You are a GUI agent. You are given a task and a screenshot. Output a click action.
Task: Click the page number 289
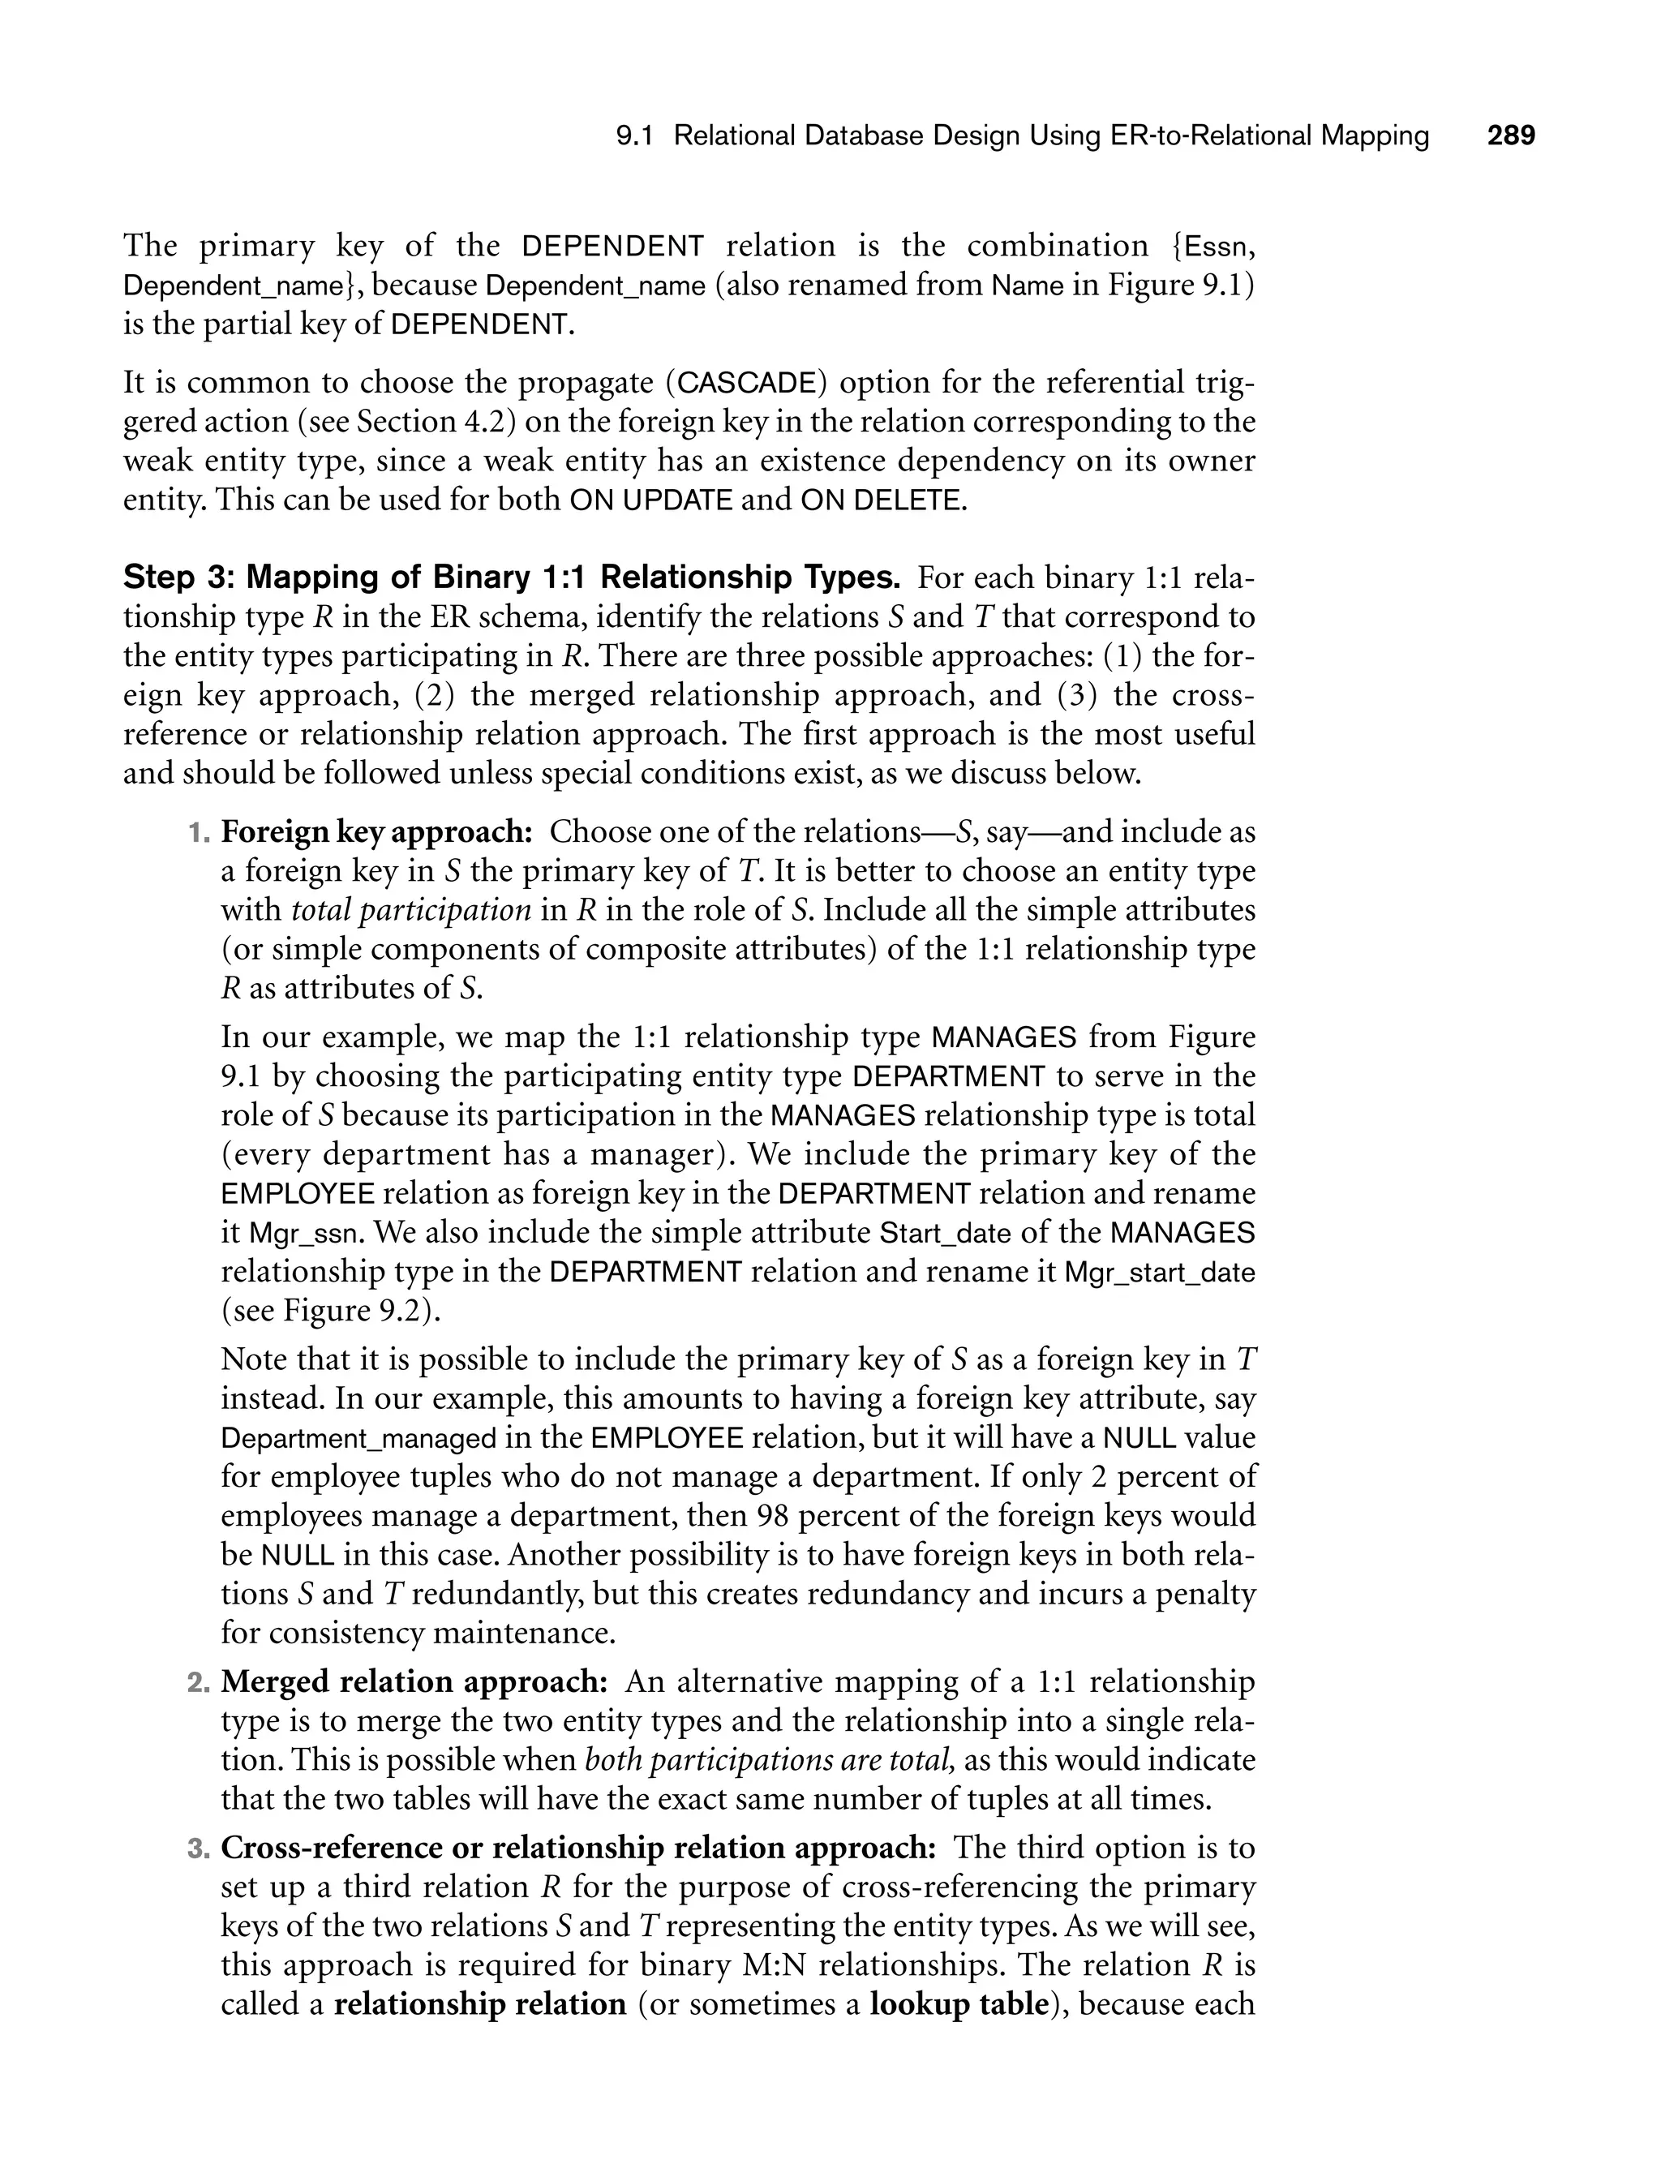coord(1511,135)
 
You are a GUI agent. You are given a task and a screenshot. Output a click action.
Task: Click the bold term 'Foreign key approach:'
coord(376,831)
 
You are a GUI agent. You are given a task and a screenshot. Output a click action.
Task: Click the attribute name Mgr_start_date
coord(1159,1273)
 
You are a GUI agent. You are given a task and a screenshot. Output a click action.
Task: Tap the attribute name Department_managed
coord(358,1438)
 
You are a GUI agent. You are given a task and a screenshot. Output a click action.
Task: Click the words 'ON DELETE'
coord(879,500)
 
